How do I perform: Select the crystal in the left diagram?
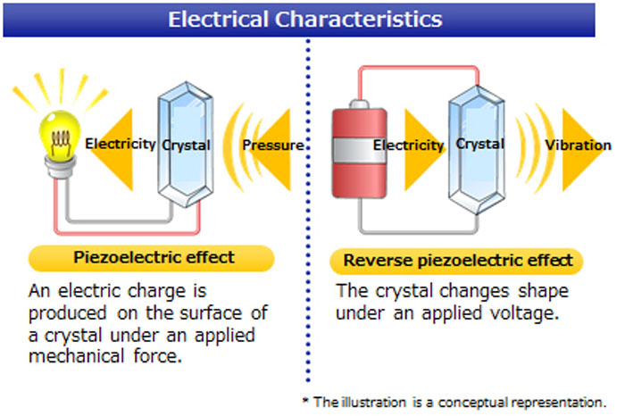(184, 143)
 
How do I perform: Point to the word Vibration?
(579, 145)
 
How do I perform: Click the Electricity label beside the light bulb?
(121, 143)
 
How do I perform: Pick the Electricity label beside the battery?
(408, 145)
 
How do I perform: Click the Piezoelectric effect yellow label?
(153, 258)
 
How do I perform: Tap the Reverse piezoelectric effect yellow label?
(456, 262)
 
